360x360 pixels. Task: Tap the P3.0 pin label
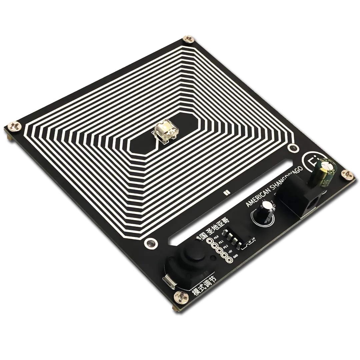coord(216,237)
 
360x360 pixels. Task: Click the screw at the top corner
coord(188,39)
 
